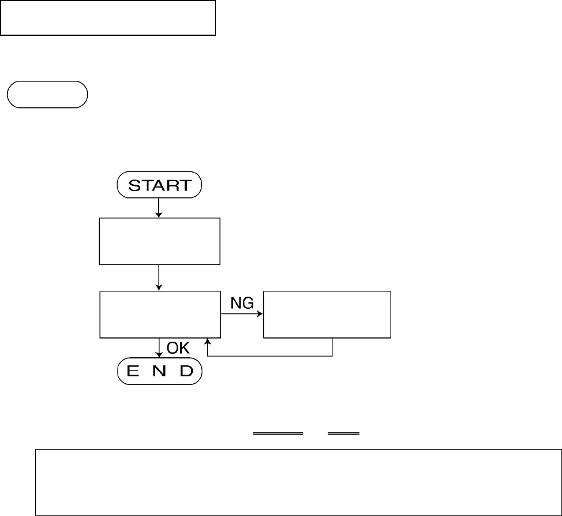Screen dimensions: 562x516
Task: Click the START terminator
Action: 159,186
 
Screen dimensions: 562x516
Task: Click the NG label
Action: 243,303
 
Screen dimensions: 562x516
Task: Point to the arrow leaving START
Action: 159,208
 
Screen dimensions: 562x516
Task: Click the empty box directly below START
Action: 160,241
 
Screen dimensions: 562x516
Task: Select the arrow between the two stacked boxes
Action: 159,278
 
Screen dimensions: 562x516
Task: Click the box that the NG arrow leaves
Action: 160,315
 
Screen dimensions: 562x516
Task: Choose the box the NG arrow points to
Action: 327,315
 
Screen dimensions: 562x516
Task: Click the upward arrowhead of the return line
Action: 207,343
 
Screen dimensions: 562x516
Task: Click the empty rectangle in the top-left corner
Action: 108,18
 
